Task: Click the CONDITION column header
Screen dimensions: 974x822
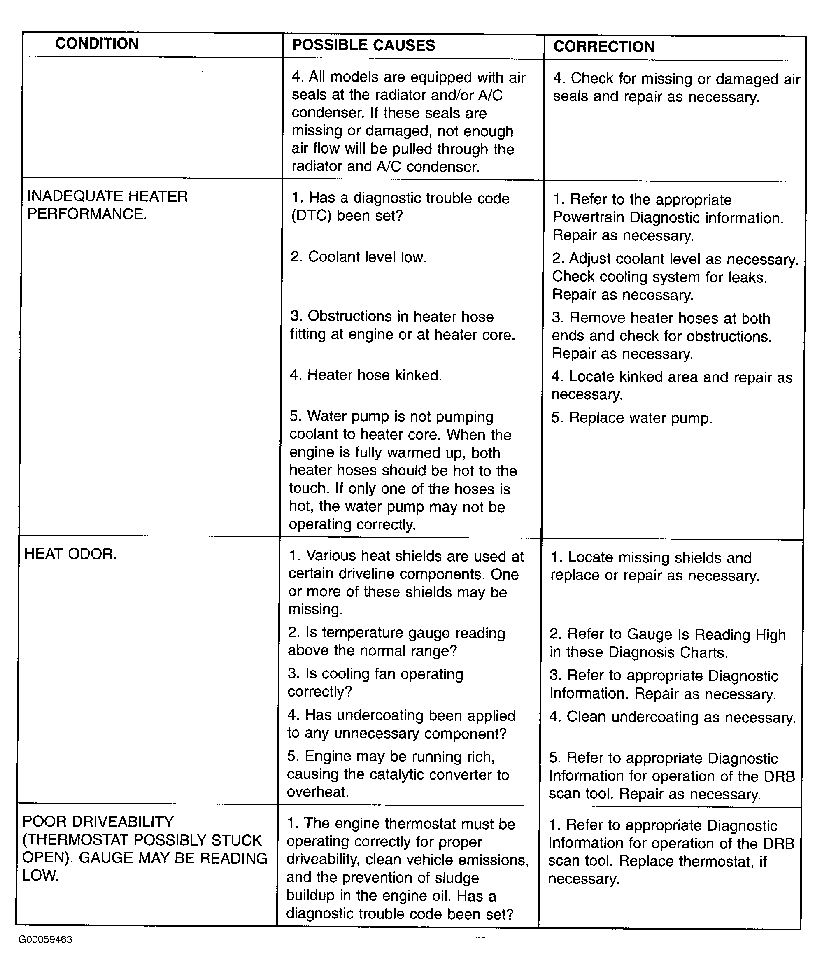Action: pyautogui.click(x=97, y=44)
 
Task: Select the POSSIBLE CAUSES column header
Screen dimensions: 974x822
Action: pyautogui.click(x=363, y=45)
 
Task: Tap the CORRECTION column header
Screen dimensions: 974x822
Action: pyautogui.click(x=604, y=47)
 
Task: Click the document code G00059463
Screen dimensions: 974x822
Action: pyautogui.click(x=45, y=939)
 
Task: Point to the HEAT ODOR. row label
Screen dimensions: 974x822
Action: pyautogui.click(x=70, y=554)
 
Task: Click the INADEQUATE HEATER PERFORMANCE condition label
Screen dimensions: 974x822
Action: pyautogui.click(x=107, y=205)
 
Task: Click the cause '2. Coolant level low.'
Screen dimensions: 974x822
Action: pyautogui.click(x=359, y=257)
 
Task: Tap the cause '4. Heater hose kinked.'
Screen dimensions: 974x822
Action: pyautogui.click(x=366, y=375)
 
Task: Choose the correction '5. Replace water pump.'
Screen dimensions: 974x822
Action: pyautogui.click(x=631, y=418)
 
